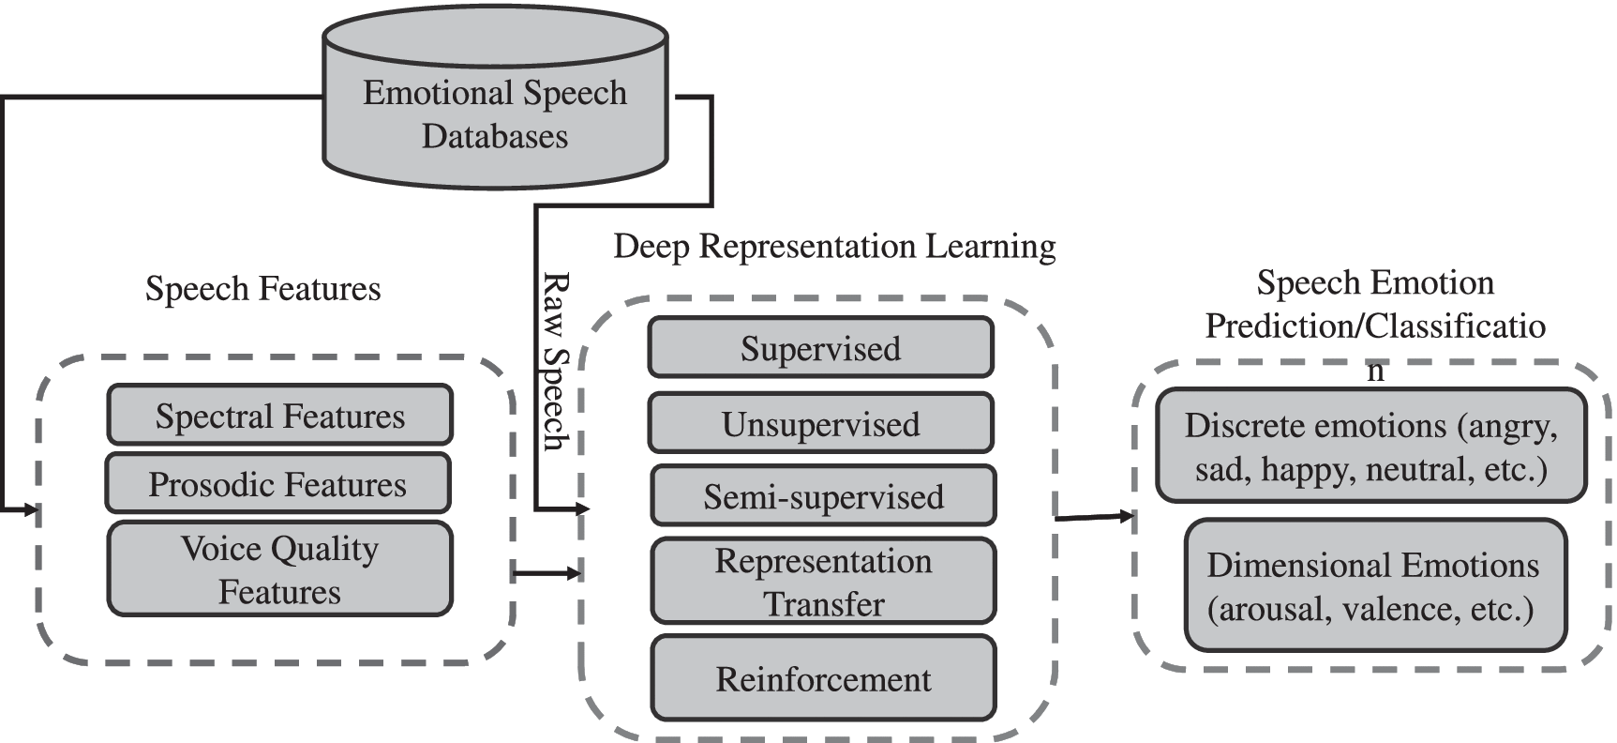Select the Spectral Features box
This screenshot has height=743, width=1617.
coord(280,415)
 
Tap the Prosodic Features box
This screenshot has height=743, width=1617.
coord(277,483)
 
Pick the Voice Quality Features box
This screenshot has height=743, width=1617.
coord(280,569)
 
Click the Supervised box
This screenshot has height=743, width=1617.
coord(820,348)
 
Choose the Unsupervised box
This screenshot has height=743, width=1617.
coord(820,423)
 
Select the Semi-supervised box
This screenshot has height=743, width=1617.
coord(823,495)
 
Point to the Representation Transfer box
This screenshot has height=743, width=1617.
coord(823,581)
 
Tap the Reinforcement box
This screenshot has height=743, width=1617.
coord(823,678)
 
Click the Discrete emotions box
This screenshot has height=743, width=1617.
coord(1370,446)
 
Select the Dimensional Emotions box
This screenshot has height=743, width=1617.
coord(1374,586)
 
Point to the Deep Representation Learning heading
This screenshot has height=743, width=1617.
coord(834,246)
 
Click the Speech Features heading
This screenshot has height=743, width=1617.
coord(263,288)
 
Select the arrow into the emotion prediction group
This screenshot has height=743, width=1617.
coord(1094,516)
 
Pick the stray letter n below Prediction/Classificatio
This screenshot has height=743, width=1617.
coord(1375,370)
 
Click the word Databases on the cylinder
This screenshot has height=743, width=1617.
coord(495,136)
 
